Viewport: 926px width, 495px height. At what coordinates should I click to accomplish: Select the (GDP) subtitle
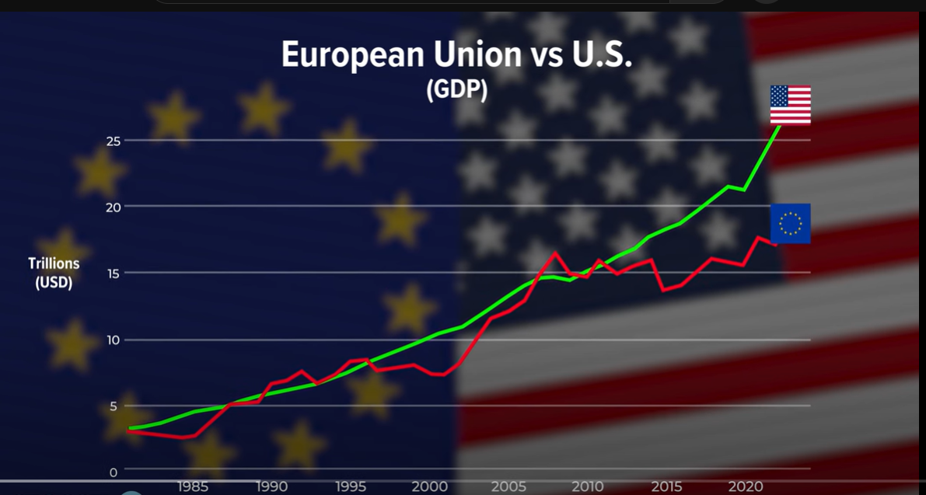(x=457, y=89)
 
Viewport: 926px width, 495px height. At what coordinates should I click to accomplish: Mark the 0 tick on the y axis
(x=113, y=472)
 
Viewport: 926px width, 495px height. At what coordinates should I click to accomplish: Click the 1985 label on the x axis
(x=192, y=487)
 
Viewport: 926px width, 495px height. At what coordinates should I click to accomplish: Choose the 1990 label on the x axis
(x=271, y=487)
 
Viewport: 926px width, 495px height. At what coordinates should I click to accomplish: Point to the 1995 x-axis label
(x=351, y=487)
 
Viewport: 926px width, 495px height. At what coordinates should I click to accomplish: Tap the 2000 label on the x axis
(x=430, y=487)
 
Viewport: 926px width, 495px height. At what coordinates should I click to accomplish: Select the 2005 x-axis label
(x=508, y=487)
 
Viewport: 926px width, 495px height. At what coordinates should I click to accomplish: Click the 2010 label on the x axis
(x=588, y=487)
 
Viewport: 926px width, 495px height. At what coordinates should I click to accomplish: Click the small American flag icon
(x=790, y=105)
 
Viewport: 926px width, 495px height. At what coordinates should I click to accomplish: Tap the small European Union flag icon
(x=790, y=224)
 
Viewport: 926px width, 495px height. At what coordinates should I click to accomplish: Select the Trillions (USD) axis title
(x=54, y=273)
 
